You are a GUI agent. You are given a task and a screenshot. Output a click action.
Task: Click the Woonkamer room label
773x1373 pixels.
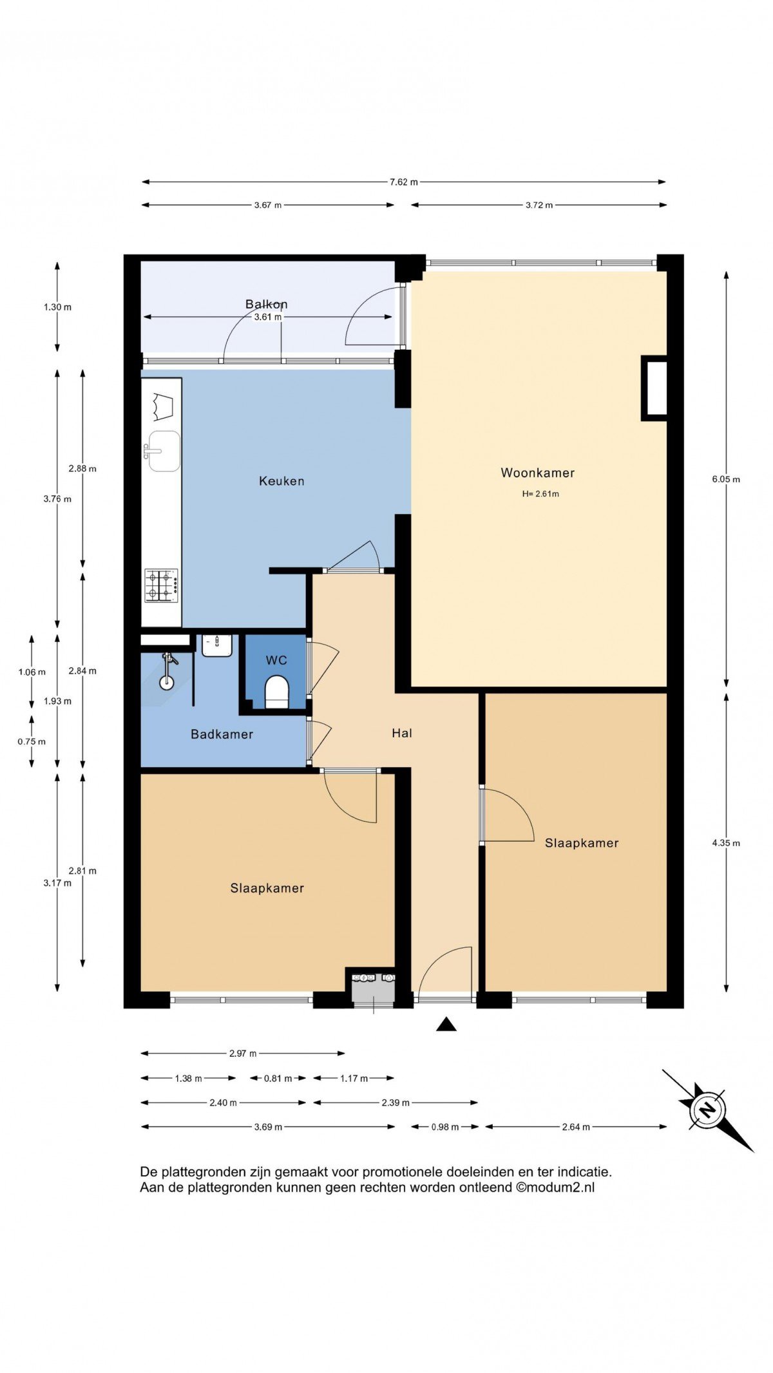537,473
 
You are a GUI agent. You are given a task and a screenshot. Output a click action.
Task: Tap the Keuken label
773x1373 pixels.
282,481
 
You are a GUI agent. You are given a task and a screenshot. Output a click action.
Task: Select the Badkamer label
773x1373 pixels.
222,734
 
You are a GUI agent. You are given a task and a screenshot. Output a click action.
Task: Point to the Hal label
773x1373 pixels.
402,733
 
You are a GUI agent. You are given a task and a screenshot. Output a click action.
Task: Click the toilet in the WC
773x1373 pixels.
277,692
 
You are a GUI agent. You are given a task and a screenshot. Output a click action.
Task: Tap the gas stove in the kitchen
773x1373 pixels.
161,585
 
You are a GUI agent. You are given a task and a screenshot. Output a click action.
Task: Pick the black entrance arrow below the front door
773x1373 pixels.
446,1025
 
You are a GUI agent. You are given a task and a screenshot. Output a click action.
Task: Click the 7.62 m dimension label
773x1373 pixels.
403,182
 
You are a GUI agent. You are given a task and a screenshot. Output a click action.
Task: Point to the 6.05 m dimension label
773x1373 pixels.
726,479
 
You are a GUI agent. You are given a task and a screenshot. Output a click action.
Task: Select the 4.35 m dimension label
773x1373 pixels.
726,843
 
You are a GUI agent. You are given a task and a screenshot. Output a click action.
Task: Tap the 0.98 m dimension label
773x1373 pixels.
444,1127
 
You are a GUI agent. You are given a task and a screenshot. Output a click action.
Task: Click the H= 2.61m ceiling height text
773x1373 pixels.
540,494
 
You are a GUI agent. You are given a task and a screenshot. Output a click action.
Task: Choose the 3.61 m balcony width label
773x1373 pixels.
267,317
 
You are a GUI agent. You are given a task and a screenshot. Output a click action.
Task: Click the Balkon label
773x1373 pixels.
266,304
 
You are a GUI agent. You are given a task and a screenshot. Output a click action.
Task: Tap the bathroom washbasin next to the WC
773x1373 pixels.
217,645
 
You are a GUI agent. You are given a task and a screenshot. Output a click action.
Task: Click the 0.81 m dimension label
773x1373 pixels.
278,1078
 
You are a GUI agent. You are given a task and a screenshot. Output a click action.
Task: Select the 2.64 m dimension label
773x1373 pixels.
576,1127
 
